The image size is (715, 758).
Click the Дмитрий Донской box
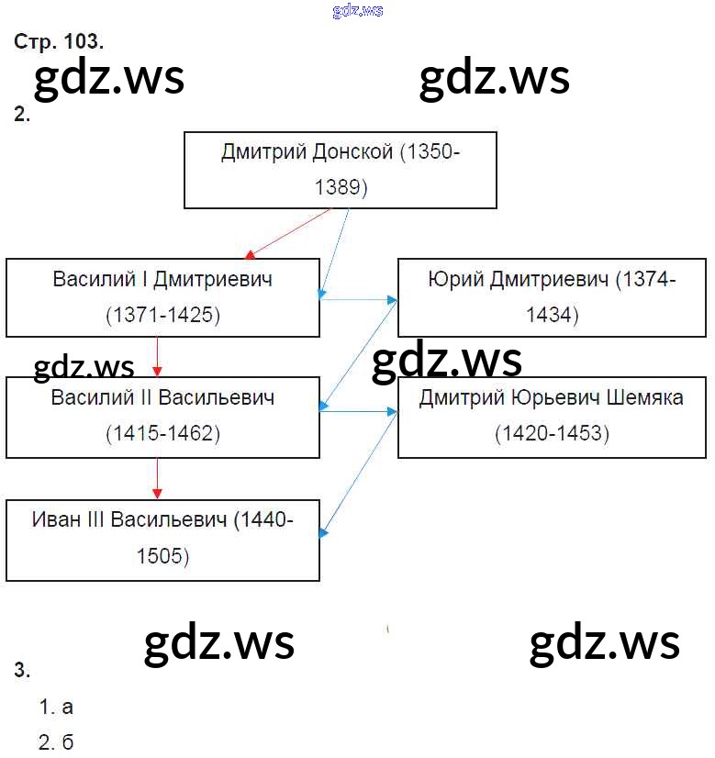tap(341, 170)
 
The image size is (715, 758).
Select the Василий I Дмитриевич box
tap(162, 297)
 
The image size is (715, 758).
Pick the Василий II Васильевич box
tap(162, 417)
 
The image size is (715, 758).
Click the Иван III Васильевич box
tap(162, 540)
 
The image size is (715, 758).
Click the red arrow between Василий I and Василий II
tap(158, 356)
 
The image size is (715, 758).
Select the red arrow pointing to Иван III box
tap(158, 478)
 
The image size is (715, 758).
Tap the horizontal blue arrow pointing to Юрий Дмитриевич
tap(359, 298)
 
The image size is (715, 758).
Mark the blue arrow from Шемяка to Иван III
tap(359, 474)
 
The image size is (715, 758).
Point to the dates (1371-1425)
tap(162, 315)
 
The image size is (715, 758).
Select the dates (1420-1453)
tap(552, 432)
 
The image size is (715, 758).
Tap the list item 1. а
tap(57, 707)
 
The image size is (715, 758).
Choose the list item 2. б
tap(57, 741)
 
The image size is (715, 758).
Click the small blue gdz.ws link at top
tap(358, 10)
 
